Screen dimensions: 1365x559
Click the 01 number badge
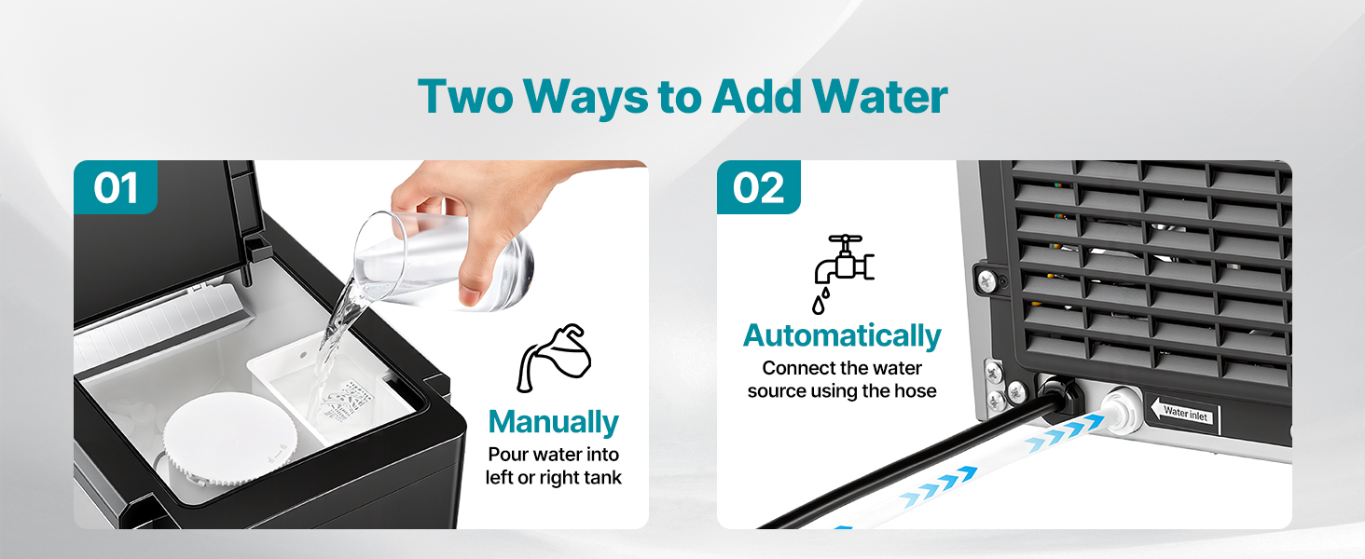point(116,187)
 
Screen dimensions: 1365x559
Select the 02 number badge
point(759,187)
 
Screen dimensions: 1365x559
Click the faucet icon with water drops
point(844,273)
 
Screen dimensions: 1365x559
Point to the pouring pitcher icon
point(553,358)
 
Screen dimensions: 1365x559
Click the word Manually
point(553,423)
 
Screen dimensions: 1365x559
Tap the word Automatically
point(842,336)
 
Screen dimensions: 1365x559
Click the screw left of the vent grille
point(986,280)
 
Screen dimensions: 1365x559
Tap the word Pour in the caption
point(507,455)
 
